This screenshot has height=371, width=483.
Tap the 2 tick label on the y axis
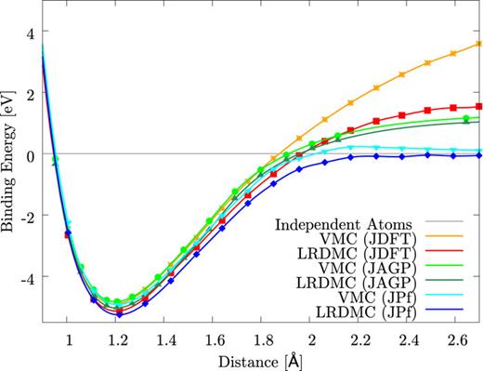coord(27,94)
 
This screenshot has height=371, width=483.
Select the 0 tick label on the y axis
coord(27,154)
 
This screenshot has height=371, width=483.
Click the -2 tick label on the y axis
coord(24,216)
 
